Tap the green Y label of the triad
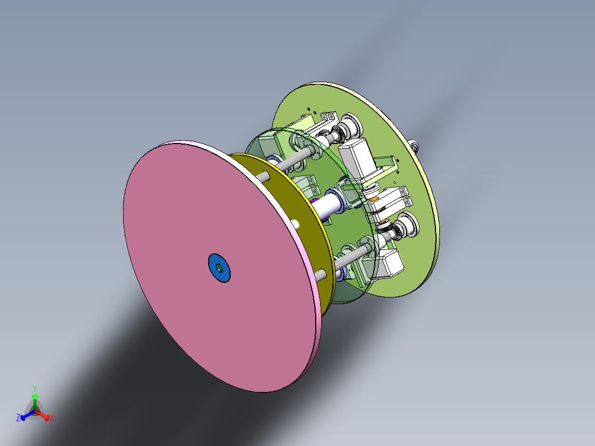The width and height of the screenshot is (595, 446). [x=34, y=388]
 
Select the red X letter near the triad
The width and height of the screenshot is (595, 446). [x=52, y=418]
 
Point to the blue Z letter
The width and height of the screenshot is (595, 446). [x=18, y=418]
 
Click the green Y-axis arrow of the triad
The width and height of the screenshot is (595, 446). [x=34, y=400]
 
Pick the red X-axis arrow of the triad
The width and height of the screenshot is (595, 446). [x=44, y=415]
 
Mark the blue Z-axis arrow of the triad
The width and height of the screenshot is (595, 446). [x=25, y=416]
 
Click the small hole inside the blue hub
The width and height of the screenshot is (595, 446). [x=219, y=268]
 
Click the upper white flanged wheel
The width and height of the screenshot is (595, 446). [x=350, y=125]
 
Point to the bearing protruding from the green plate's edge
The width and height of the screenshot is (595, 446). [x=415, y=147]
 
